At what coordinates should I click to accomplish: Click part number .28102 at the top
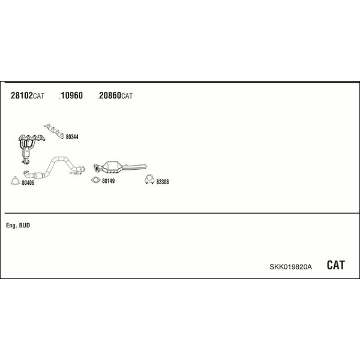tap(21, 95)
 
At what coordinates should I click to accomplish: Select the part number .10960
tap(71, 95)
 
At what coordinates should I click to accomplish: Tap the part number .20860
tap(109, 95)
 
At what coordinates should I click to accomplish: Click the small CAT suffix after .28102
tap(38, 96)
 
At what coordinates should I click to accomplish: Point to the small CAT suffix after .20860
tap(127, 96)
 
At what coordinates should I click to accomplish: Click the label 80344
tap(72, 137)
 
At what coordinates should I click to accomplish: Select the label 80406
tap(28, 183)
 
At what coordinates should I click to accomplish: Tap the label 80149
tap(109, 181)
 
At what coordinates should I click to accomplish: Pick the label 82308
tap(163, 182)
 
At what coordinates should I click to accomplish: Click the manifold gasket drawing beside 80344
tap(55, 131)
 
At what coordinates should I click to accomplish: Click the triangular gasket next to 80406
tap(15, 181)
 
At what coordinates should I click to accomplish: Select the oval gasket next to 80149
tap(96, 180)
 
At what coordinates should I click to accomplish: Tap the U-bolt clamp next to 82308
tap(149, 179)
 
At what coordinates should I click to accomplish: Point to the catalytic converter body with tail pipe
tap(119, 167)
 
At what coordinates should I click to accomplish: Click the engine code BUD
tap(25, 225)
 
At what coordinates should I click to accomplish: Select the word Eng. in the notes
tap(11, 226)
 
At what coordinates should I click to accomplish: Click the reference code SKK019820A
tap(290, 267)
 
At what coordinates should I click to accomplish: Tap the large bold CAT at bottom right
tap(335, 265)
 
